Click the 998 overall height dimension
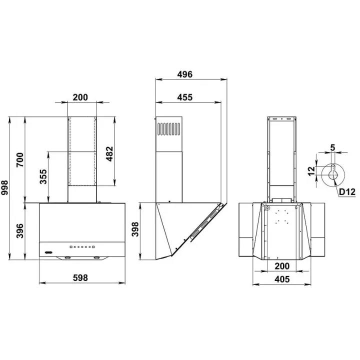click(x=4, y=188)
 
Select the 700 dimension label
click(x=20, y=160)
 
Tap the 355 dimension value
click(x=43, y=177)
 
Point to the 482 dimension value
click(x=109, y=154)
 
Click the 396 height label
click(x=20, y=230)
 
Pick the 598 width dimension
click(x=80, y=278)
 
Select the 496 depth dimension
click(x=185, y=74)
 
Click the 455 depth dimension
click(x=185, y=97)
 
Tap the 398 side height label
click(x=135, y=229)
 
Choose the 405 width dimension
click(x=282, y=279)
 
